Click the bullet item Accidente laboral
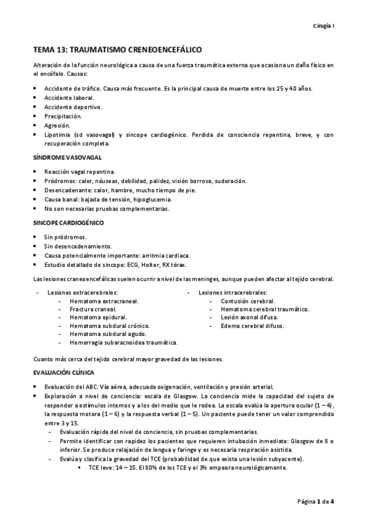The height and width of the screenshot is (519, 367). point(69,97)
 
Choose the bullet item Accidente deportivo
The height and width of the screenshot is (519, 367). point(73,106)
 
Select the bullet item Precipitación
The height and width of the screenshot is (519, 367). point(62,116)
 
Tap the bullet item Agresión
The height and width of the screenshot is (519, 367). point(57,125)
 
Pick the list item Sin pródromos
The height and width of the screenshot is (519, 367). point(65,237)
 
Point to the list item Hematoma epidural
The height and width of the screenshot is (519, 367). point(98,318)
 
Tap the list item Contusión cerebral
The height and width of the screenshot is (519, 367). point(248,301)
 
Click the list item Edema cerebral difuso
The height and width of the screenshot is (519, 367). point(252,326)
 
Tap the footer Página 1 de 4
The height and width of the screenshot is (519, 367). point(315,501)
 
